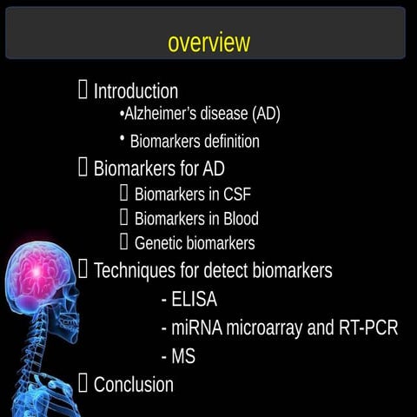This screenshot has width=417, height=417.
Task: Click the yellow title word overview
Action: [x=208, y=42]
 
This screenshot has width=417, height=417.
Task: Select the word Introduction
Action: [x=136, y=91]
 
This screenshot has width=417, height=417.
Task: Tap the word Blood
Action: [x=238, y=219]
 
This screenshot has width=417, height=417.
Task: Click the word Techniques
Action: [x=135, y=270]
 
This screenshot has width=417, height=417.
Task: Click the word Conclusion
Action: [x=134, y=384]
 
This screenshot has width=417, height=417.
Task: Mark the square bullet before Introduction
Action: [x=83, y=89]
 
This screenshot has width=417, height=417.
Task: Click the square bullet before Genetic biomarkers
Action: [x=124, y=242]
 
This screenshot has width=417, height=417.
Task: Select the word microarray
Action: [x=263, y=329]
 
